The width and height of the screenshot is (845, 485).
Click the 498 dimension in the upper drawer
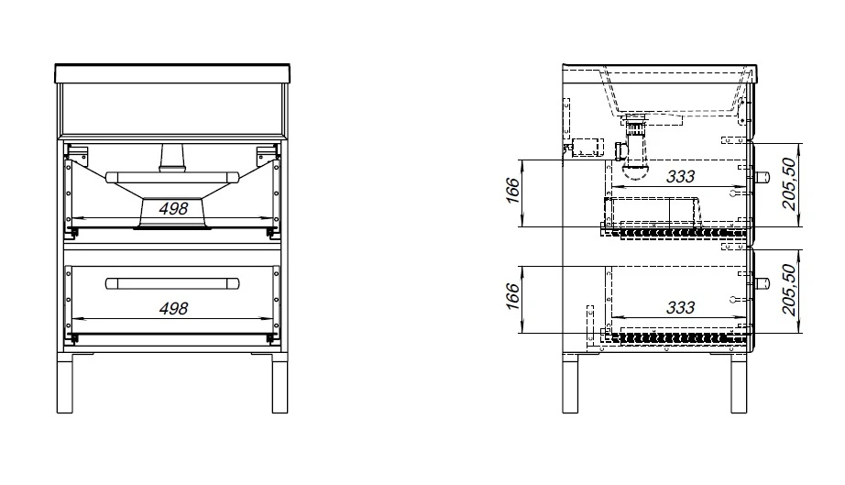click(x=173, y=208)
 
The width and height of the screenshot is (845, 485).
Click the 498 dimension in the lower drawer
click(x=173, y=308)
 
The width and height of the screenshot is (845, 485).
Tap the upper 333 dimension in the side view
click(x=681, y=176)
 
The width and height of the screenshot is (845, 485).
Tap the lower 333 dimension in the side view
click(x=681, y=307)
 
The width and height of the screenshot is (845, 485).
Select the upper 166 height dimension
click(x=513, y=190)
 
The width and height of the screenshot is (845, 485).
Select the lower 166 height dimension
click(x=513, y=296)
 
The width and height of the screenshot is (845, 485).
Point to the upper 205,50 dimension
click(x=789, y=183)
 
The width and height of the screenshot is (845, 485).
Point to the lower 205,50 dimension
click(x=789, y=290)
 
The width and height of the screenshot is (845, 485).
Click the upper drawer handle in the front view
click(x=172, y=177)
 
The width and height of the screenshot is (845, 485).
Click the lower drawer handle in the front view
click(x=172, y=283)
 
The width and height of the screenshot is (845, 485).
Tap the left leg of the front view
click(x=65, y=383)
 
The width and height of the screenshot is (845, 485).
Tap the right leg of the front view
click(x=280, y=383)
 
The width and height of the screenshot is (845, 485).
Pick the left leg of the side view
click(x=570, y=383)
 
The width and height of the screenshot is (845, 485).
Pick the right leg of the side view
click(x=739, y=383)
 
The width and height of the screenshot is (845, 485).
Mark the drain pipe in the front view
click(x=172, y=158)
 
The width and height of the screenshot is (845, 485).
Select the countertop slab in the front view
click(x=172, y=74)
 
